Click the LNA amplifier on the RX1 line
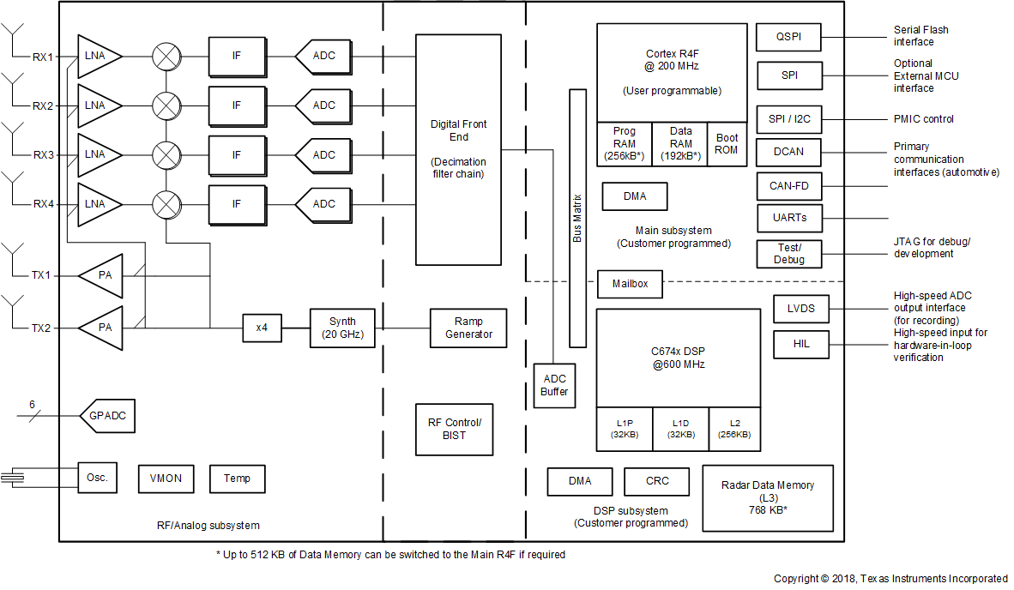click(x=96, y=57)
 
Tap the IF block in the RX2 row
click(x=237, y=105)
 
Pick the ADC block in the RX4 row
click(x=323, y=204)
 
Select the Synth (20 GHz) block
click(x=342, y=328)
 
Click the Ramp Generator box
click(x=468, y=328)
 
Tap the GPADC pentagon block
click(x=107, y=416)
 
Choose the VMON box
click(x=166, y=479)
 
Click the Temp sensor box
click(x=238, y=479)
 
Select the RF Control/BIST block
click(x=455, y=429)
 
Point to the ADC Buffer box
click(x=554, y=385)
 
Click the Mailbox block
click(x=630, y=284)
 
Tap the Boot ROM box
click(x=727, y=144)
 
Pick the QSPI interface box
click(x=789, y=37)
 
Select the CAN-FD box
click(x=789, y=186)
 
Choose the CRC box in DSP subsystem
click(x=656, y=481)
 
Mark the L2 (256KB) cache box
click(x=734, y=429)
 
